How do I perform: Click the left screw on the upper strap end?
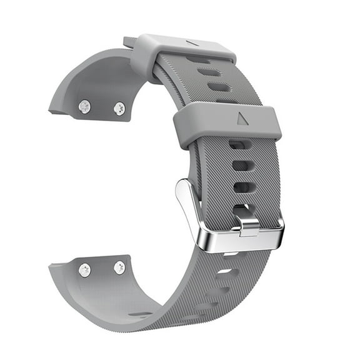coord(84,107)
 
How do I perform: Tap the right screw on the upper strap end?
coord(119,108)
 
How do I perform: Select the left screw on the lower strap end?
coord(84,270)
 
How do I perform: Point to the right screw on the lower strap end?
coord(119,267)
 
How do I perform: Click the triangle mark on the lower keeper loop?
coord(241,117)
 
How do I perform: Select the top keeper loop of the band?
coord(181,51)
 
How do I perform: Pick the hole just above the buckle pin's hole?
coord(242,187)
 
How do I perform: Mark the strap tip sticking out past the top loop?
coord(129,42)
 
